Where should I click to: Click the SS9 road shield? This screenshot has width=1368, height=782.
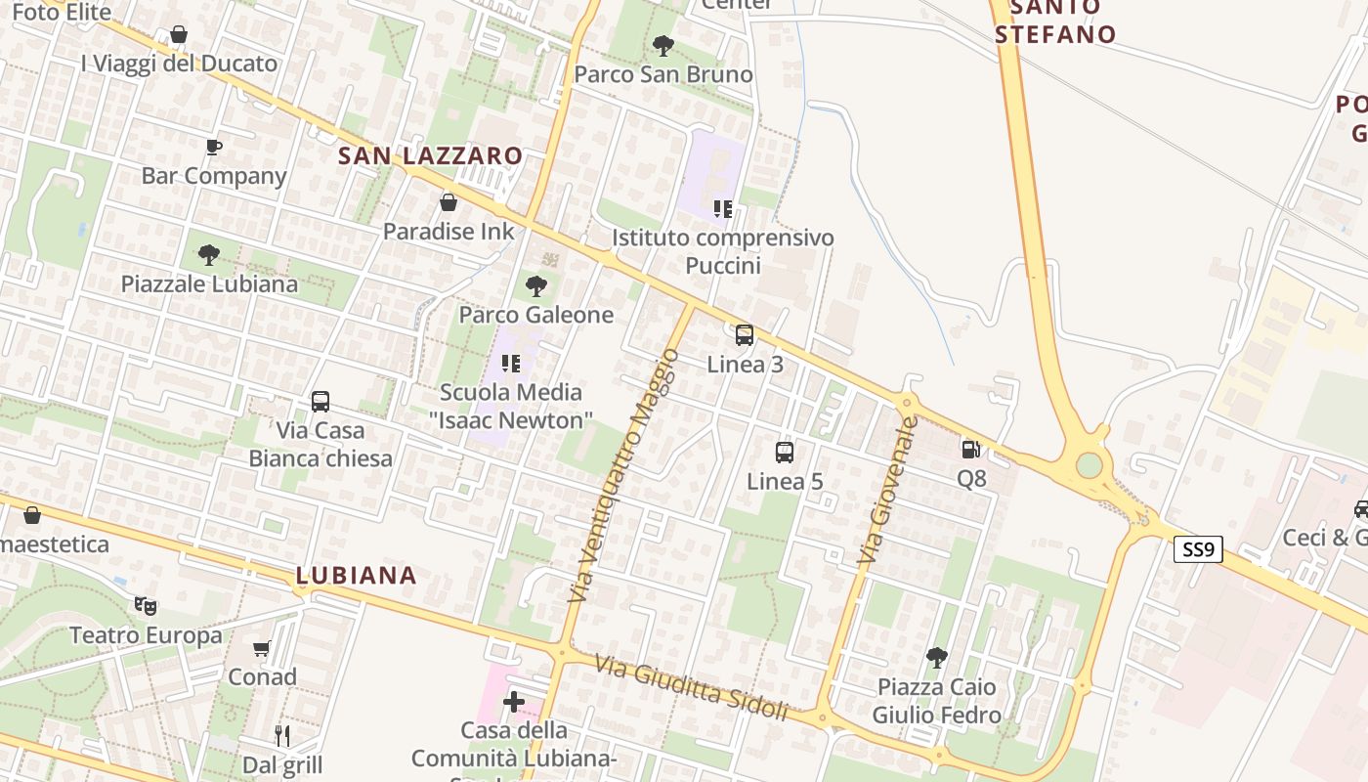(x=1198, y=549)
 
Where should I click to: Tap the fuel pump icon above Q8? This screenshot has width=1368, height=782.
(x=970, y=450)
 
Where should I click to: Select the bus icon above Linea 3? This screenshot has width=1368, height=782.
(x=745, y=335)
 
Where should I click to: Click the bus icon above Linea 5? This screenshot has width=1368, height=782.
(x=785, y=452)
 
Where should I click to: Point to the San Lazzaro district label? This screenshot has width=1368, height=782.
(x=430, y=155)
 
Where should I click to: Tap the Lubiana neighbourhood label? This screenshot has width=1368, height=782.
(x=356, y=575)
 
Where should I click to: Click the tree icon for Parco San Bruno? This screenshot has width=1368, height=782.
(x=663, y=45)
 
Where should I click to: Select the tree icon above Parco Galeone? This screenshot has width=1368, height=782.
(x=535, y=286)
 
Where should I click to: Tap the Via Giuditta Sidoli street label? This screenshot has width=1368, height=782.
(x=691, y=688)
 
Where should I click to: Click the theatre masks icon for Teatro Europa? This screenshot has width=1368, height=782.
(x=146, y=606)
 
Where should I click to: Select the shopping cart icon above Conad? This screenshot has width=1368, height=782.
(x=262, y=648)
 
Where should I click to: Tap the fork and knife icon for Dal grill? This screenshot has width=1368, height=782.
(x=282, y=735)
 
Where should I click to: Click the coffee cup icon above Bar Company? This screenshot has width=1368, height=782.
(x=214, y=148)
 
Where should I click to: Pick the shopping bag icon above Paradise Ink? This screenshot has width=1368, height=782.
(x=449, y=202)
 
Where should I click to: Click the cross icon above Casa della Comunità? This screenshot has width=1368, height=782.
(x=513, y=702)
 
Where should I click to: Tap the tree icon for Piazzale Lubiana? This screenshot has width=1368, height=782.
(x=208, y=256)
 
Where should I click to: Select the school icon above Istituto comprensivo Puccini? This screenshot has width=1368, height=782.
(x=723, y=208)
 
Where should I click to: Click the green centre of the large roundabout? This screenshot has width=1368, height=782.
(x=1089, y=465)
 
